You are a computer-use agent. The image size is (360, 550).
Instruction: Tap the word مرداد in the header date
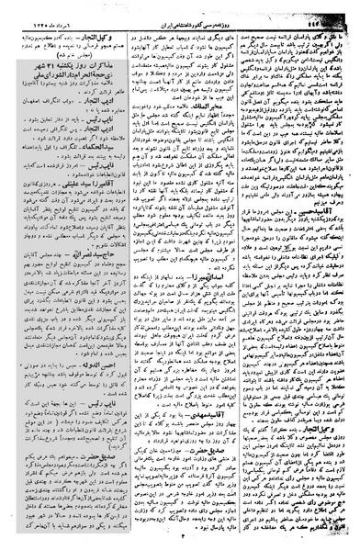point(44,8)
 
